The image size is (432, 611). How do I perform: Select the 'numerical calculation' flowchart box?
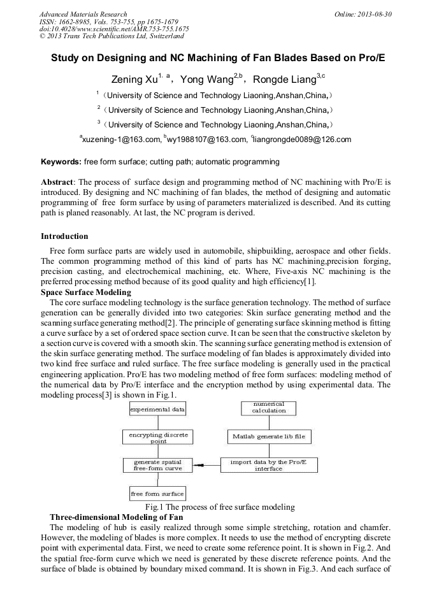[x=269, y=408]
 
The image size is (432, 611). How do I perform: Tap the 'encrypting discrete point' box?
[x=157, y=437]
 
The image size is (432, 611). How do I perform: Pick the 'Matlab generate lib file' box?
[x=268, y=437]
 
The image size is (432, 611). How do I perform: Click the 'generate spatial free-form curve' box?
[x=157, y=465]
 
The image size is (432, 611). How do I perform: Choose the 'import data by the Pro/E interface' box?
[x=268, y=465]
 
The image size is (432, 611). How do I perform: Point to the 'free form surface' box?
[x=157, y=494]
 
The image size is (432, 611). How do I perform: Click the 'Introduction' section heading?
[x=64, y=236]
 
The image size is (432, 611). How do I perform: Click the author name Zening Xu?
[x=133, y=80]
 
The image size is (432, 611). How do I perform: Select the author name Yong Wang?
[x=204, y=80]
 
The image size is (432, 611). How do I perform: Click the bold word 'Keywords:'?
[x=61, y=162]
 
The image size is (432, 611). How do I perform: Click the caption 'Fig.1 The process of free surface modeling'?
[x=220, y=507]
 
